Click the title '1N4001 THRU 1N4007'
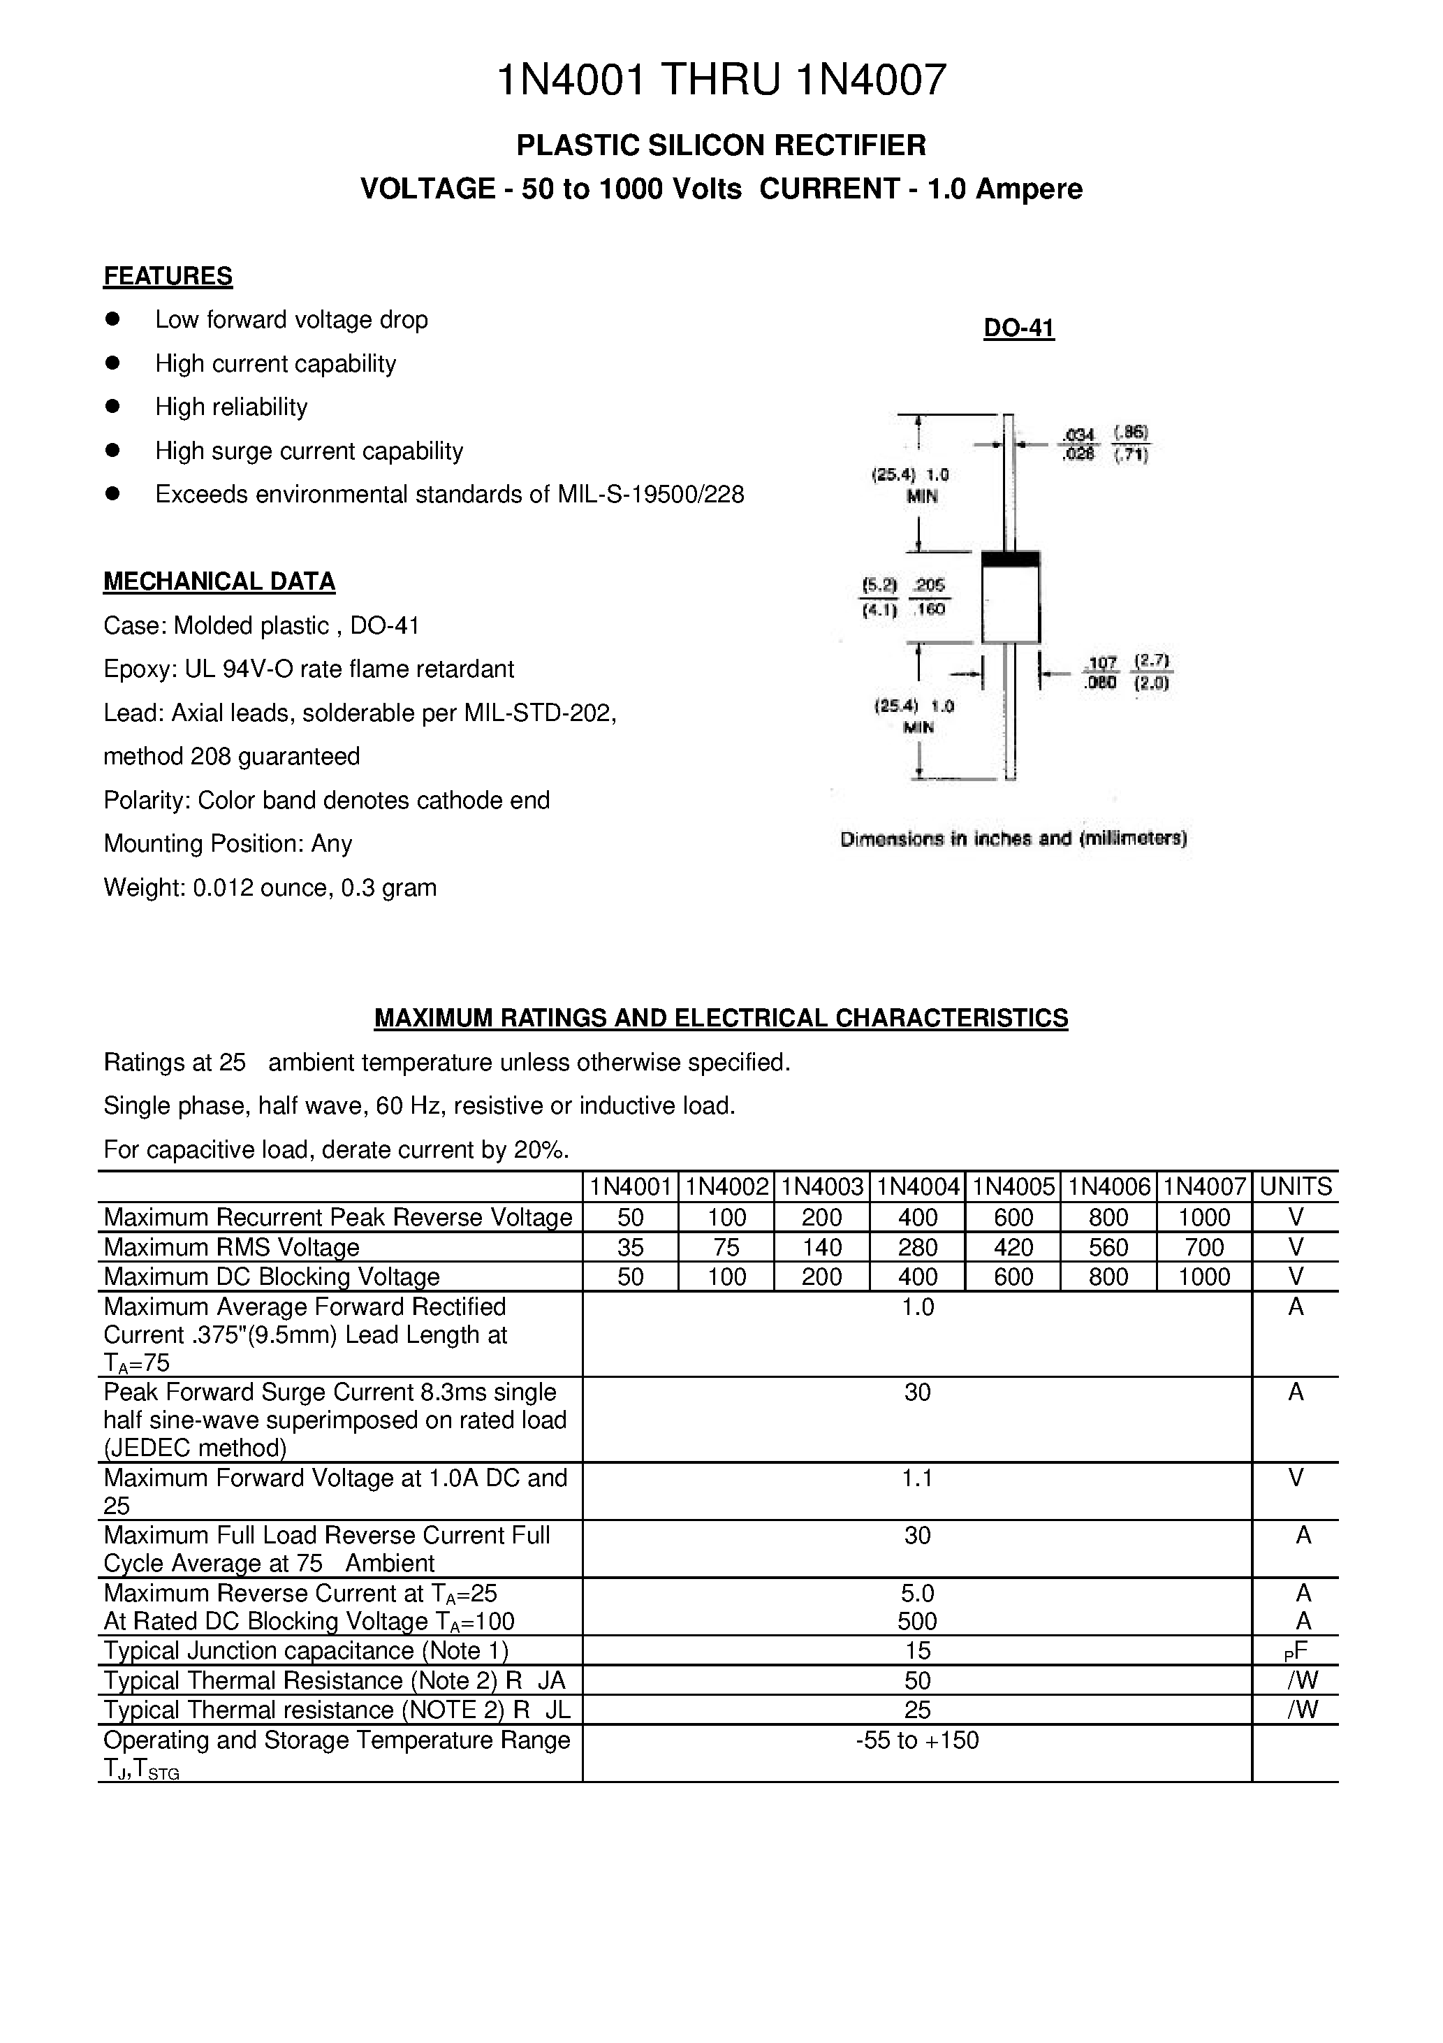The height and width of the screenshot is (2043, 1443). tap(721, 80)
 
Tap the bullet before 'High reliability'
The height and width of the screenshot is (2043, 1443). tap(112, 406)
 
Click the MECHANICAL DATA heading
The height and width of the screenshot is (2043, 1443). tap(219, 581)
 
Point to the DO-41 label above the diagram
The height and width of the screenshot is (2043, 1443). tap(1018, 328)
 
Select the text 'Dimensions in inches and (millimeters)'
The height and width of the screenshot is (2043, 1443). tap(1013, 838)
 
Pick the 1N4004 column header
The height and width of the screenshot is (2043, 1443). tap(917, 1186)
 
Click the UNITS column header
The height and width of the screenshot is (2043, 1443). tap(1296, 1186)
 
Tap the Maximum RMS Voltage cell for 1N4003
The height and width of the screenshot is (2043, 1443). tap(821, 1246)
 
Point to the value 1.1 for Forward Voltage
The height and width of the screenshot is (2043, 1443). tap(917, 1477)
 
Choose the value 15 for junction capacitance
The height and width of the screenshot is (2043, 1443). tap(917, 1650)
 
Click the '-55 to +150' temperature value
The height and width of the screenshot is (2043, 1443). tap(917, 1740)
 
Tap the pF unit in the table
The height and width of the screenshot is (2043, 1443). tap(1296, 1652)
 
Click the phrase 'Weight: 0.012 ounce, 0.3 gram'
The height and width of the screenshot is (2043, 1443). tap(270, 887)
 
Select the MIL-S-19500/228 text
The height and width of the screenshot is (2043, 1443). tap(650, 494)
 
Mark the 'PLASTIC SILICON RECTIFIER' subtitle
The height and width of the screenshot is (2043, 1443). tap(721, 144)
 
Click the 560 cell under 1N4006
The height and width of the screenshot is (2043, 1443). tap(1108, 1246)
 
